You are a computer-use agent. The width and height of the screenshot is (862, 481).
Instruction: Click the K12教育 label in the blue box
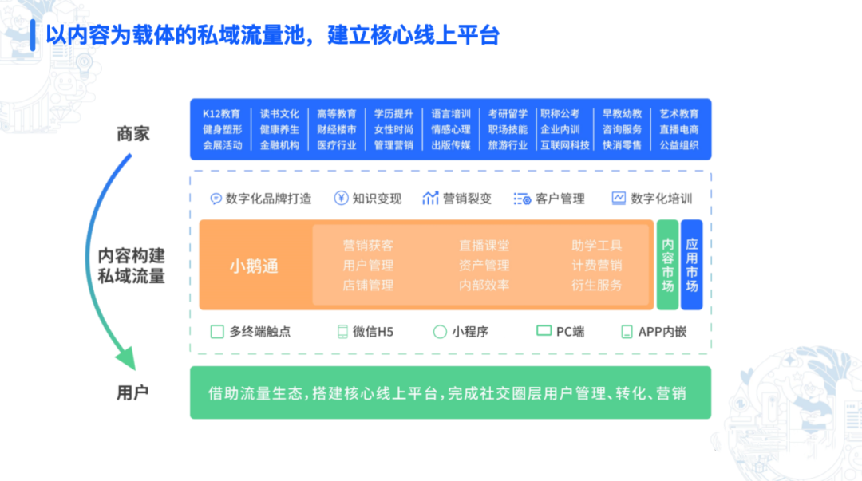coord(222,114)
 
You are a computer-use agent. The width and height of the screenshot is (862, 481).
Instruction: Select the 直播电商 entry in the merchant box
coord(679,130)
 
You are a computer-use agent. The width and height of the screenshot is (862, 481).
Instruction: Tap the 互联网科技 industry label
coord(564,145)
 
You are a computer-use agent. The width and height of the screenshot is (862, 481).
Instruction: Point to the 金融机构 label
coord(279,145)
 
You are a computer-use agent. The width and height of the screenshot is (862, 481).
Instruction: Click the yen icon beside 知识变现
coord(341,198)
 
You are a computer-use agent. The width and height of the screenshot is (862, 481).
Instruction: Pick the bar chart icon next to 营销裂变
coord(430,198)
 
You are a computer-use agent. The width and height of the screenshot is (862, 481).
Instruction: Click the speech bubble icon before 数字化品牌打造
coord(216,199)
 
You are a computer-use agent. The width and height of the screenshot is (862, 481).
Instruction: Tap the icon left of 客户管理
coord(522,199)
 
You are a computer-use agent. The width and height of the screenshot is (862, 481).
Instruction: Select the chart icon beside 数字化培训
coord(619,198)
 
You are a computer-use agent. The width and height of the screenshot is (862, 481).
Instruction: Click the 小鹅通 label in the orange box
coord(254,266)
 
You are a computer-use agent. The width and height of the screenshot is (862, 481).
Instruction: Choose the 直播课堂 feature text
coord(484,245)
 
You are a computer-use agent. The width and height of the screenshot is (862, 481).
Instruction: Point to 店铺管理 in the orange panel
coord(368,286)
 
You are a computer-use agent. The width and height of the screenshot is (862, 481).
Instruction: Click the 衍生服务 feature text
coord(596,286)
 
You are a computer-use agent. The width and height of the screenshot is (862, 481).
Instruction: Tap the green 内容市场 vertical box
coord(667,265)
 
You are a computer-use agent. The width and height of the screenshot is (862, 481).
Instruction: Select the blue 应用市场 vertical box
coord(691,265)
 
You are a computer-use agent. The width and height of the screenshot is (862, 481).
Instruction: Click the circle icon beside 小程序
coord(440,332)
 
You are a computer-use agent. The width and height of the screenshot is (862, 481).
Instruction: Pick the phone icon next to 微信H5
coord(342,332)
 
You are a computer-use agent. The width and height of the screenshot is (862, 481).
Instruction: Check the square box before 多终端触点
coord(217,332)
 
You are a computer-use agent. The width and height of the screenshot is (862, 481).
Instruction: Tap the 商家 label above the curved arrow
coord(132,133)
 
